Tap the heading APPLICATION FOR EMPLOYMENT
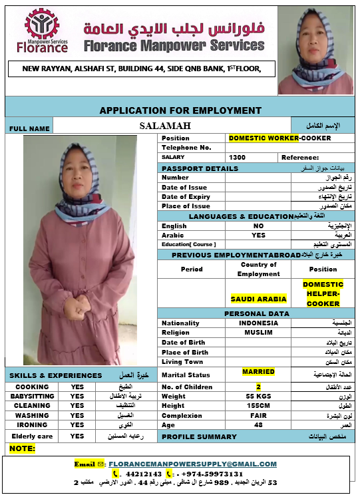[180, 110]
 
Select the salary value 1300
[237, 157]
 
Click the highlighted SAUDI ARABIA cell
[259, 299]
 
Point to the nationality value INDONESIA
[259, 323]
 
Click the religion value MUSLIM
[259, 333]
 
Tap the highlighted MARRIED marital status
[259, 372]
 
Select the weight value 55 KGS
[259, 397]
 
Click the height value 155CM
[259, 406]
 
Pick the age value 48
[259, 425]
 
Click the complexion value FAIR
[259, 415]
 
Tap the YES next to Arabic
[259, 235]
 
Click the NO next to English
[259, 226]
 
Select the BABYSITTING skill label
[32, 396]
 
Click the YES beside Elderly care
[77, 436]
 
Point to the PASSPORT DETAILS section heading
[190, 168]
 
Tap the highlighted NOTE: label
[22, 448]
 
